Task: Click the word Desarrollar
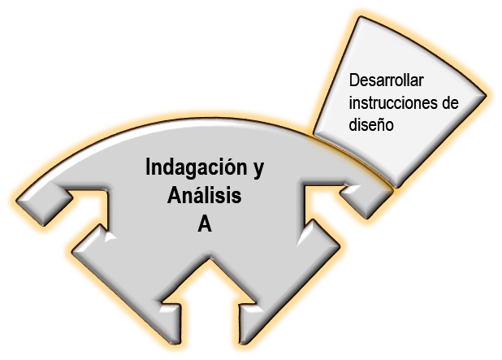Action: pos(386,81)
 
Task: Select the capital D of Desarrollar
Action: pos(354,81)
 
